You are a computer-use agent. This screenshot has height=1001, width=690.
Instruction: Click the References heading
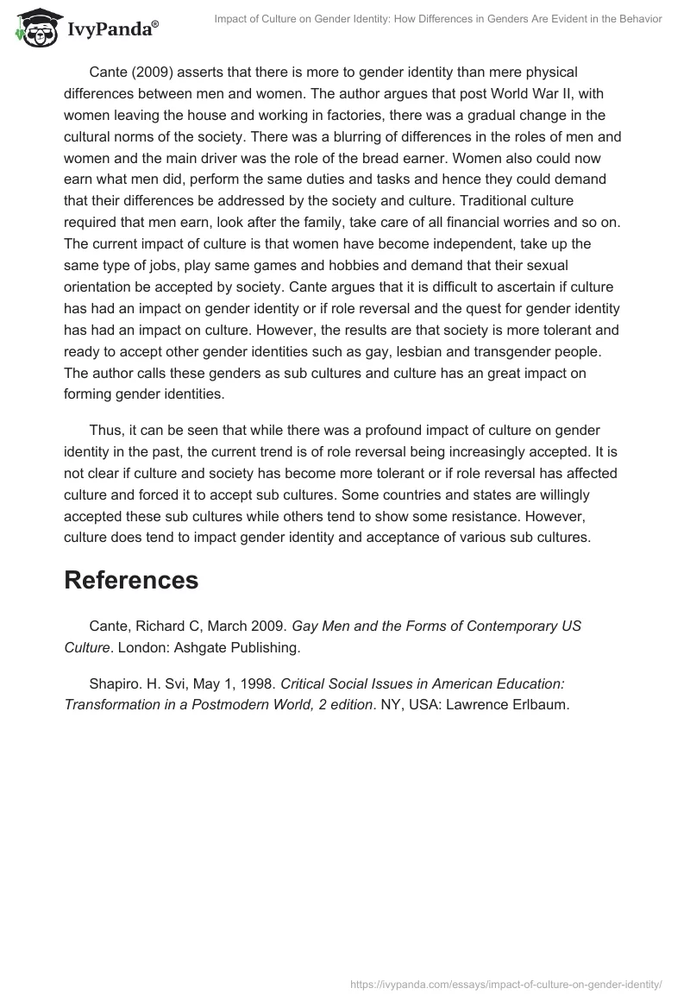pos(131,581)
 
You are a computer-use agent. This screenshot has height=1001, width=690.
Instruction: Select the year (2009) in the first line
pos(151,72)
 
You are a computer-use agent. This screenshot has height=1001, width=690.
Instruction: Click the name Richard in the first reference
pos(160,626)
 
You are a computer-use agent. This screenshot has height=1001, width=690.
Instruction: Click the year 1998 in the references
pos(254,683)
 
